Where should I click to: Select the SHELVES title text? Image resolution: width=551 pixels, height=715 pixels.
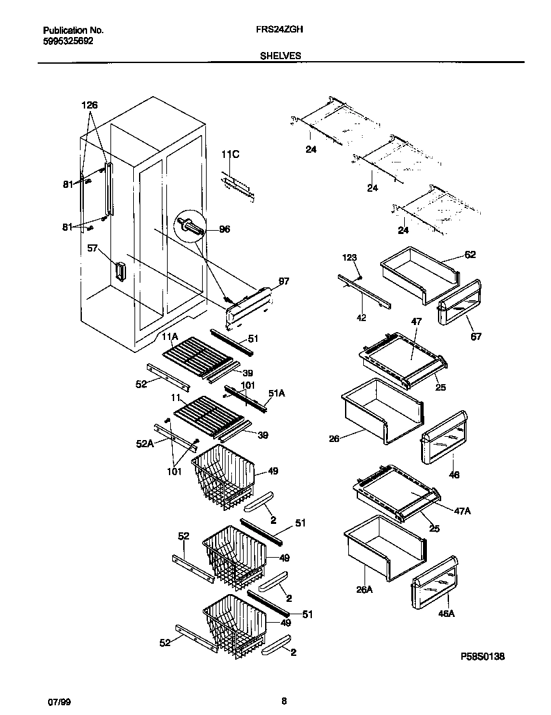280,56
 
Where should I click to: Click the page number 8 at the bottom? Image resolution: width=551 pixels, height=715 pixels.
284,701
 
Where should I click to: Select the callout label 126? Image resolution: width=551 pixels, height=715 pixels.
90,105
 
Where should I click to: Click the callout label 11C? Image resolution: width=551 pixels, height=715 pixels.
231,154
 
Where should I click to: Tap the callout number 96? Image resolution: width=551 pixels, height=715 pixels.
224,229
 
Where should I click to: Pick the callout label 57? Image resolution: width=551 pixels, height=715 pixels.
93,248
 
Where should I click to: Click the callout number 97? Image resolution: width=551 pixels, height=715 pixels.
283,281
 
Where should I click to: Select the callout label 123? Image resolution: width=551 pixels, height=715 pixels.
350,258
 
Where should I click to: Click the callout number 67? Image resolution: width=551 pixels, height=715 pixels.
477,337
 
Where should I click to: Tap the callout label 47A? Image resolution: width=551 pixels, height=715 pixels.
463,512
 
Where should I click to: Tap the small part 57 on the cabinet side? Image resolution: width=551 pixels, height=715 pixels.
120,271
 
